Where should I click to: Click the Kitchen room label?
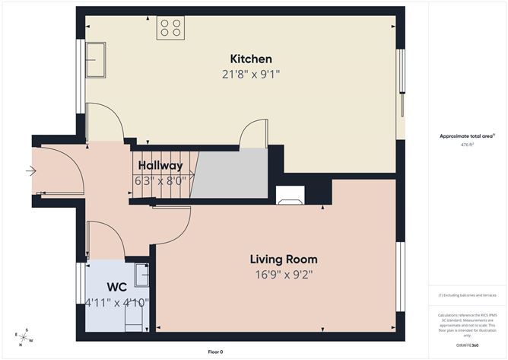251,59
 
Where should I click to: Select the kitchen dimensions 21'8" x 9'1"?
251,74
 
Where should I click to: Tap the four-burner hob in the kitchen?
170,28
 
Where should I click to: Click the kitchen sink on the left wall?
96,59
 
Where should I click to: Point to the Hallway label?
160,165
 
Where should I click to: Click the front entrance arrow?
30,171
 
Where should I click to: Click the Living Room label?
286,259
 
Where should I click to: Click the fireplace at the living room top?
291,196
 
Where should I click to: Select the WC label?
116,288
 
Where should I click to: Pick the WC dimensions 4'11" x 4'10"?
116,302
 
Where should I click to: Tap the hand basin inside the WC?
141,274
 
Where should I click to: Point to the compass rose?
24,336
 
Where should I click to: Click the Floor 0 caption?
216,352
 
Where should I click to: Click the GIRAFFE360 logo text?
465,346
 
